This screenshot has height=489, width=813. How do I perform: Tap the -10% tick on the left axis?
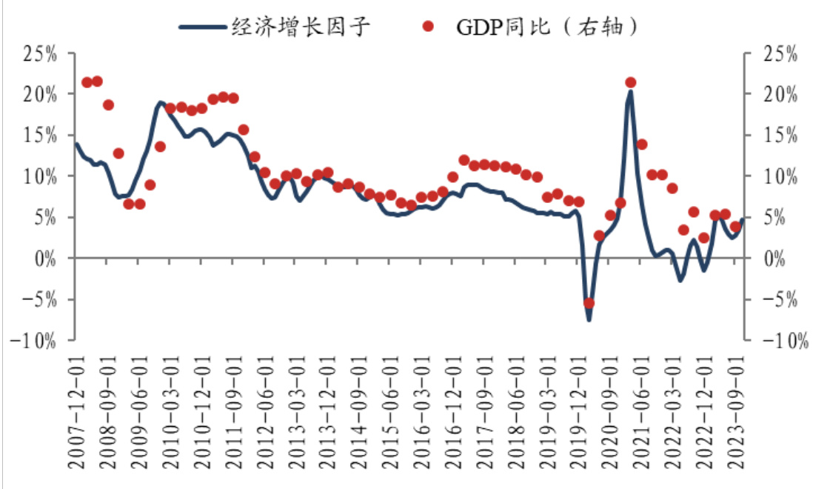pos(35,340)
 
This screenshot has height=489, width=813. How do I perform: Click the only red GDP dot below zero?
pos(589,302)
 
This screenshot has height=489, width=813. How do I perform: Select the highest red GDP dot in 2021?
pos(631,83)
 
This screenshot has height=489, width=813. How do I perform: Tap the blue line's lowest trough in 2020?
pos(589,320)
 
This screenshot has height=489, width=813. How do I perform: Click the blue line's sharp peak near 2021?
pos(630,91)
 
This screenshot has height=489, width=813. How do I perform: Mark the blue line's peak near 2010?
pos(160,102)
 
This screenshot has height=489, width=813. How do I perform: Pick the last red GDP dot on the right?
pos(735,227)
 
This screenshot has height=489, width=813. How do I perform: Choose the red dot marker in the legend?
pos(427,27)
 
